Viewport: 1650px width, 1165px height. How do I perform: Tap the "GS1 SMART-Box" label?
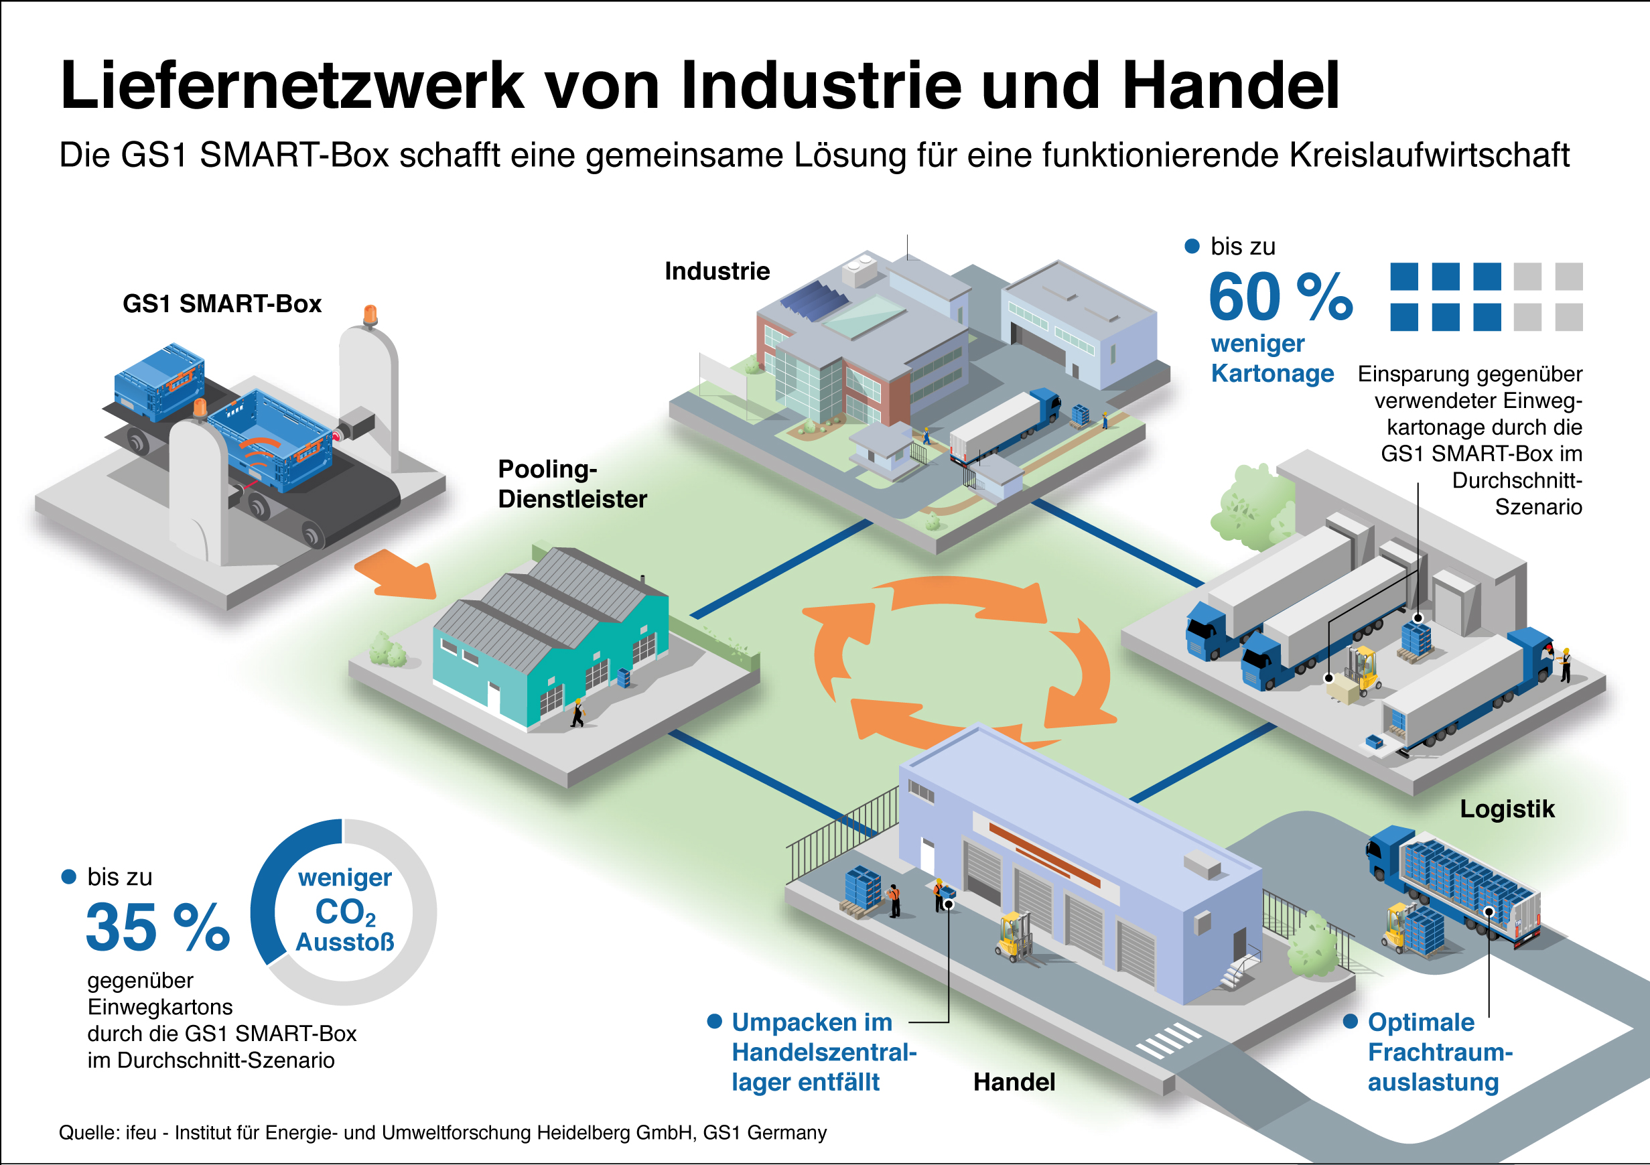tap(222, 303)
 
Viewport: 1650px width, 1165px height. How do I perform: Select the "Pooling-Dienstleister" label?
tap(572, 484)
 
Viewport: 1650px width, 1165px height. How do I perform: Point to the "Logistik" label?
tap(1507, 809)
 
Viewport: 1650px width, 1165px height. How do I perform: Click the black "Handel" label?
tap(1014, 1082)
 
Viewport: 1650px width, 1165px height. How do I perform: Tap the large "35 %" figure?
tap(157, 927)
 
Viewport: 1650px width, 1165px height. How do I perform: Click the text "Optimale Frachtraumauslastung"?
tap(1440, 1052)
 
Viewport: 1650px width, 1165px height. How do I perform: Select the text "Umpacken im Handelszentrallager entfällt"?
tap(823, 1052)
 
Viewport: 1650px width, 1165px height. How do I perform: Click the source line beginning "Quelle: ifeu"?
tap(443, 1133)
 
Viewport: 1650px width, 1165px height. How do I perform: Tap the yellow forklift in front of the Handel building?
tap(1014, 937)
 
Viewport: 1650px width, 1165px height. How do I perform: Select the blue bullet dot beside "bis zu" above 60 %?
tap(1192, 247)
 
